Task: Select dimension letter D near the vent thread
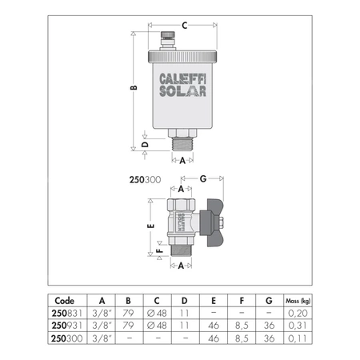[144, 145]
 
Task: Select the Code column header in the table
[66, 302]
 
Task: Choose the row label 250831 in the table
[67, 314]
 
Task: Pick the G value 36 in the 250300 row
[268, 338]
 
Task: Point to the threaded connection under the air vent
[183, 146]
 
